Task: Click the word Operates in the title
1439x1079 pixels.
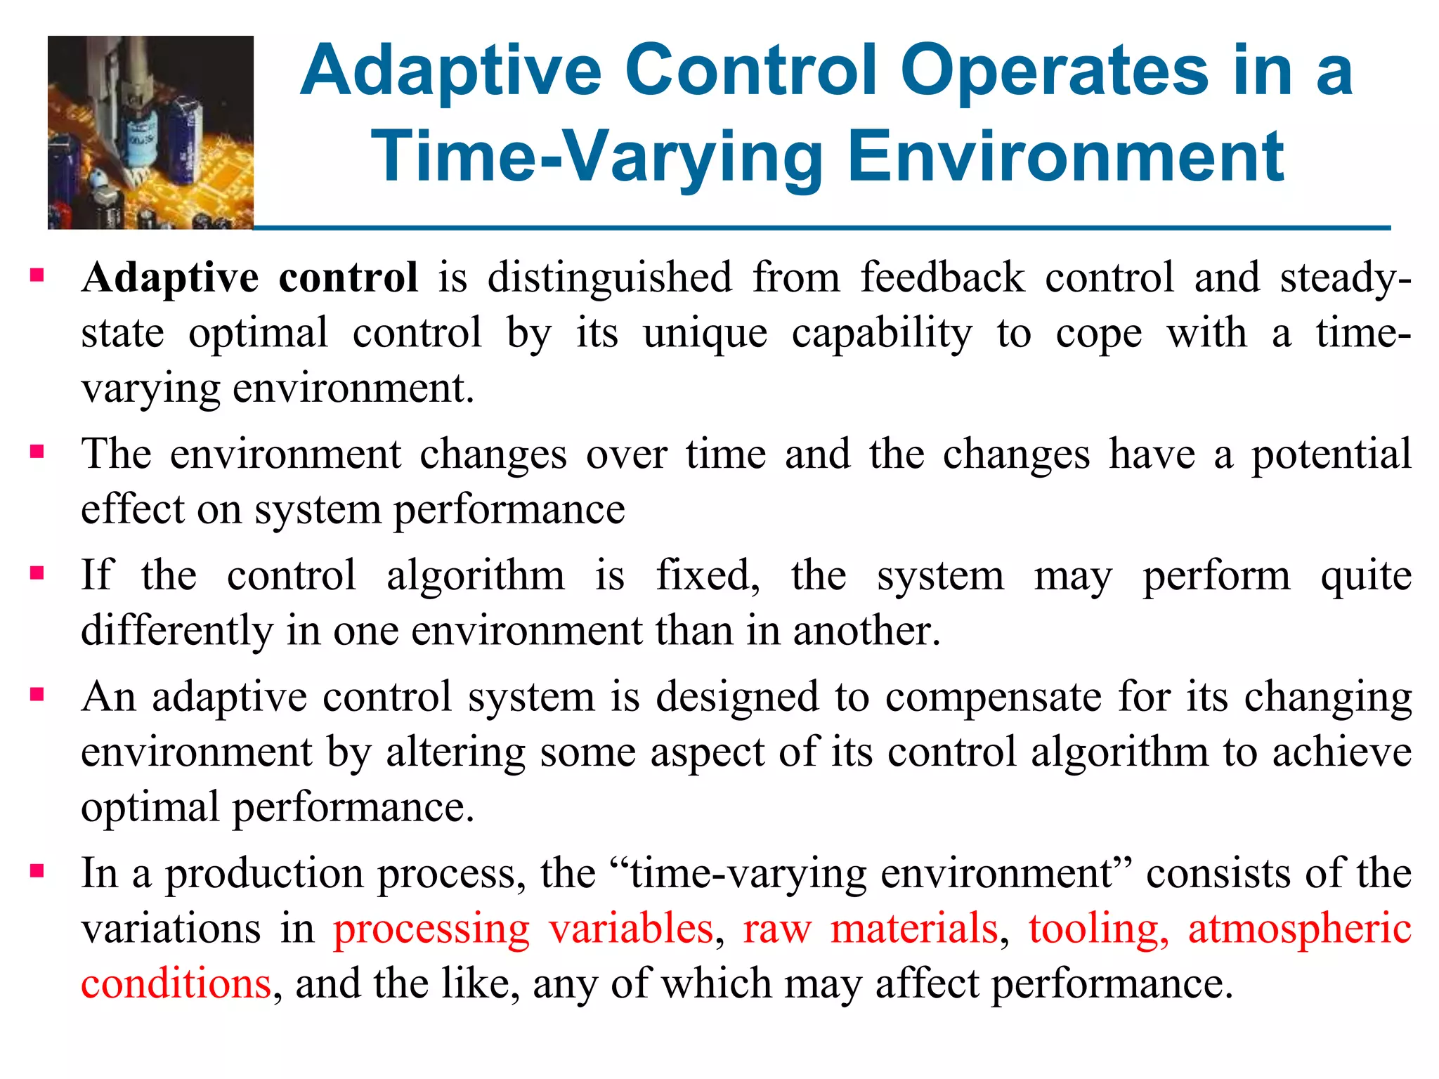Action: pos(1054,72)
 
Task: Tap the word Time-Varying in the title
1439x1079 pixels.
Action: pos(597,157)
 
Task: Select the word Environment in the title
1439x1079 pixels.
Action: pos(1066,157)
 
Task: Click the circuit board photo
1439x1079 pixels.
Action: pos(150,132)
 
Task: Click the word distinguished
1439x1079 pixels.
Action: pos(609,278)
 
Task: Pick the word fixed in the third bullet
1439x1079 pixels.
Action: pos(707,576)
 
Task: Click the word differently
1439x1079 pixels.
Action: pos(176,631)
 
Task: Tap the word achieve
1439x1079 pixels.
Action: pos(1342,753)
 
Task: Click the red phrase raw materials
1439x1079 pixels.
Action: pos(871,929)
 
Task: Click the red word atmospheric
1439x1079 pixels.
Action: pos(1300,929)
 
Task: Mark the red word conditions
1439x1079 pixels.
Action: pos(176,983)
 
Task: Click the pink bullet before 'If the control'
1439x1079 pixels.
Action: pos(37,574)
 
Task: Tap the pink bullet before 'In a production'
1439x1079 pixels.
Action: pos(37,872)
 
